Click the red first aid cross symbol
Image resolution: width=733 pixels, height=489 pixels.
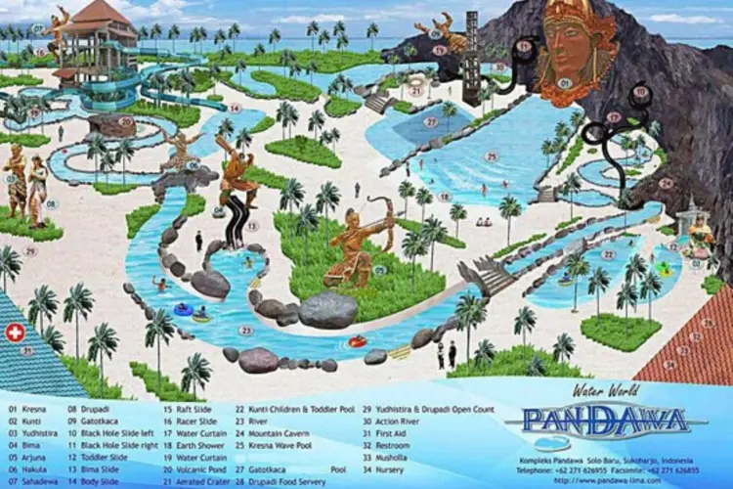[15, 333]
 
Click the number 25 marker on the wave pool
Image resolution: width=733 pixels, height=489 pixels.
[492, 156]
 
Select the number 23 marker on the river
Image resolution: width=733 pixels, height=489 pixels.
[245, 331]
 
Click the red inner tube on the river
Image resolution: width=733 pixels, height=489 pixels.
[357, 341]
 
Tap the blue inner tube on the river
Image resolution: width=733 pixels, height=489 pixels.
[183, 309]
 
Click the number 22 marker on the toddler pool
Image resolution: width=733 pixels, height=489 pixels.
[608, 255]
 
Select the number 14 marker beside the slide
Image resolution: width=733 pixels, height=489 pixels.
[234, 108]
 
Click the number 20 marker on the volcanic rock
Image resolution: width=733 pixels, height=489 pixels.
[125, 121]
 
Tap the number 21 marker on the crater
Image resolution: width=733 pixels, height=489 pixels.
[415, 90]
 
